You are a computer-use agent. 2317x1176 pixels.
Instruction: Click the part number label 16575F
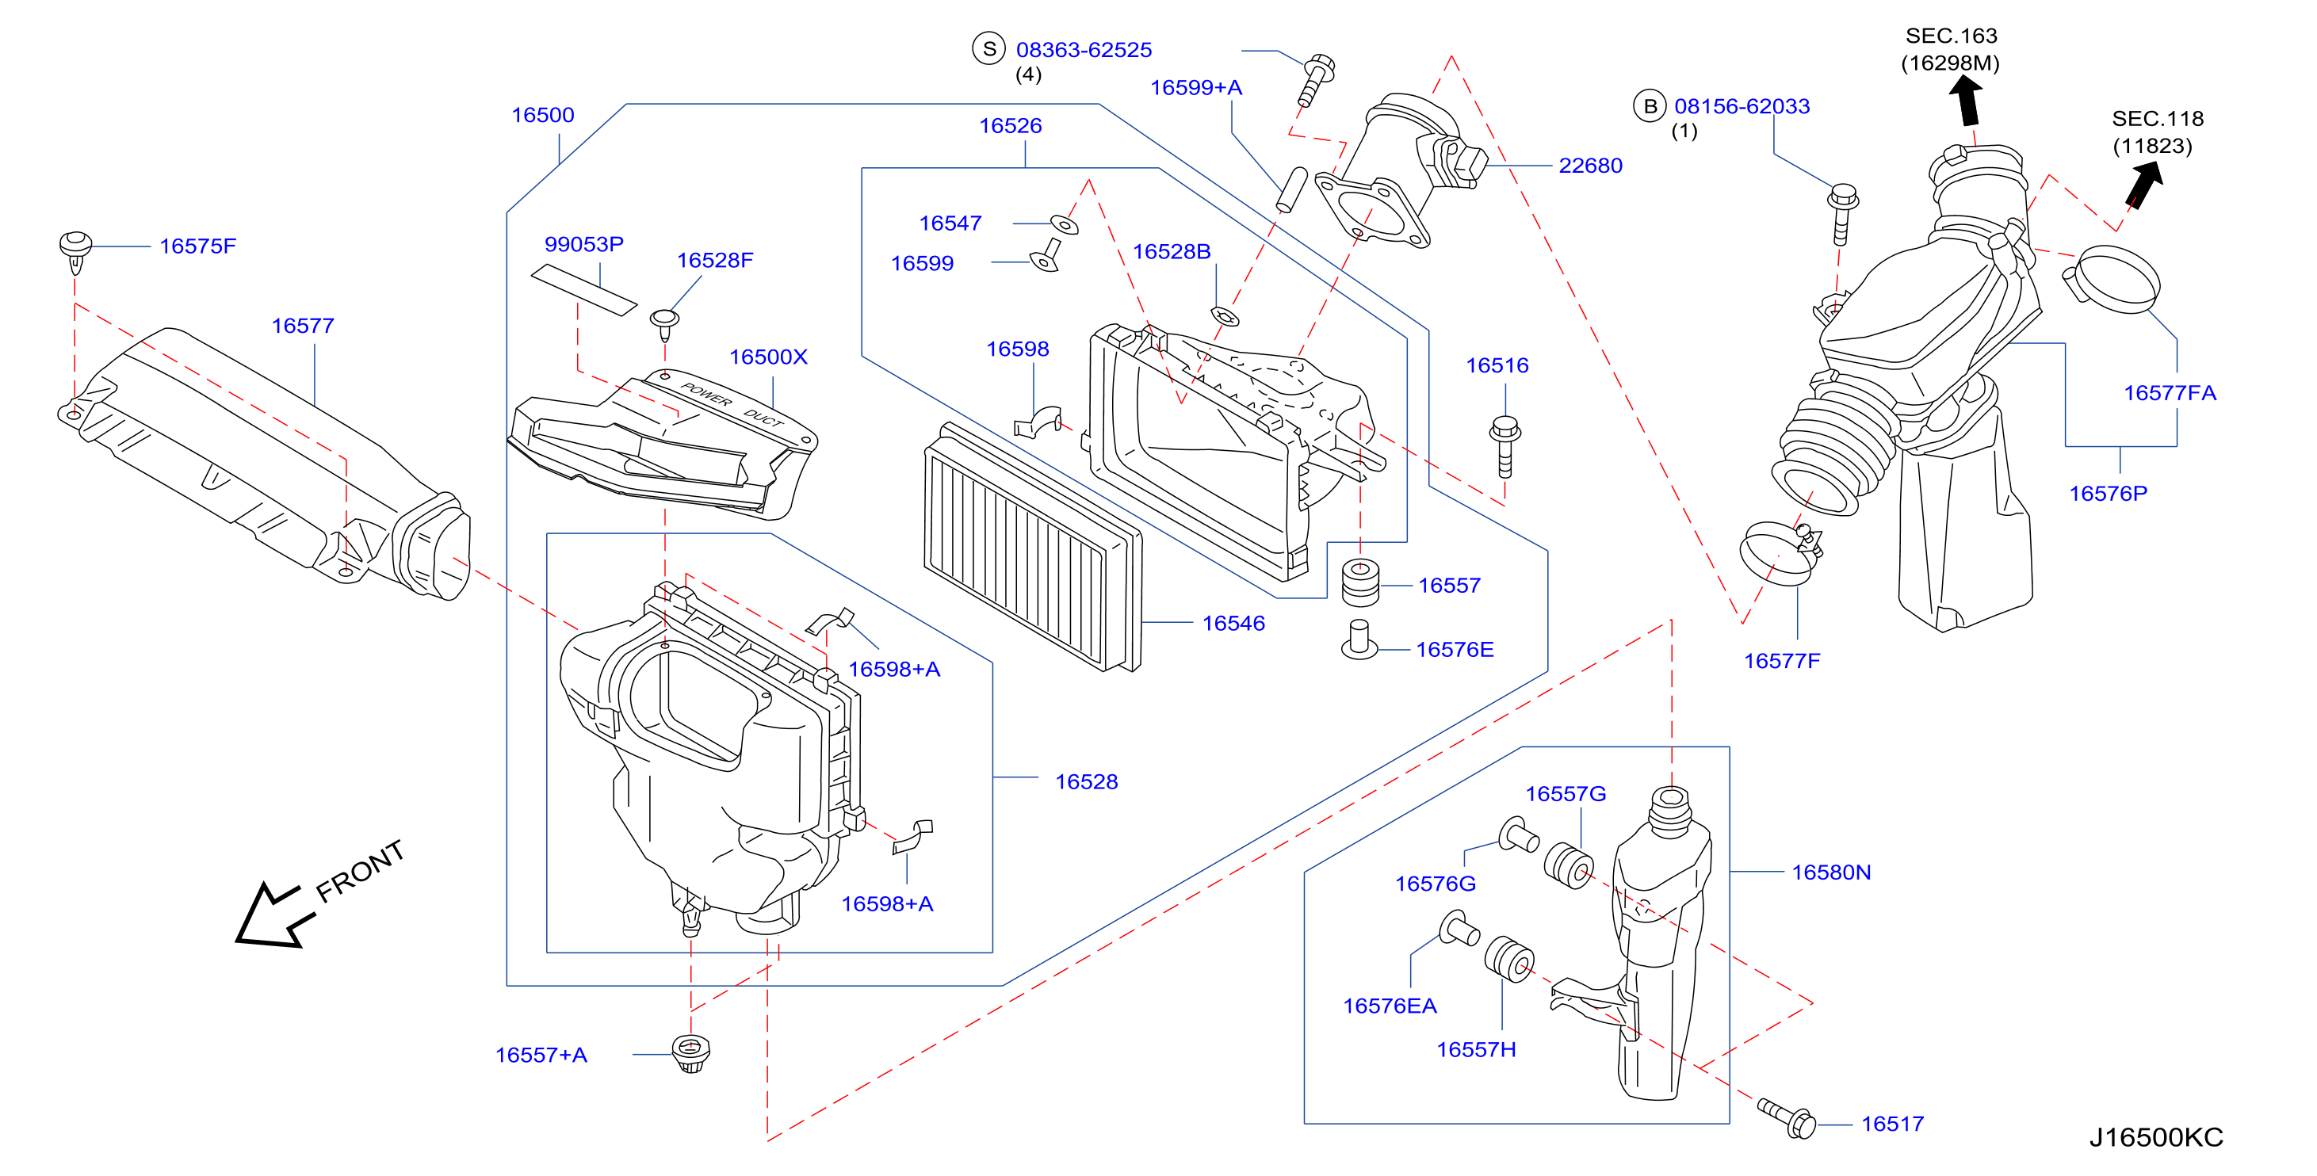click(x=197, y=246)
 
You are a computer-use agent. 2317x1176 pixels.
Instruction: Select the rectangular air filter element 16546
click(x=1033, y=547)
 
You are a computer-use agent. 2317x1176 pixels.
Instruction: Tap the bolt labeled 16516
click(x=1504, y=446)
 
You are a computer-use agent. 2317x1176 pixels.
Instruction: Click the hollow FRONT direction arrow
click(x=273, y=915)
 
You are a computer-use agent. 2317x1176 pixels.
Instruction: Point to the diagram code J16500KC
click(x=2155, y=1137)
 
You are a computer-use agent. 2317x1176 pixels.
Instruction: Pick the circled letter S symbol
click(x=988, y=48)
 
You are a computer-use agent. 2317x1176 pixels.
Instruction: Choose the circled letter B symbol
click(x=1650, y=106)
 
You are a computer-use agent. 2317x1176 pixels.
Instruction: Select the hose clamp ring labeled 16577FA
click(x=2110, y=279)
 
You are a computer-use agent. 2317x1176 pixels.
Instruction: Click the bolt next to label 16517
click(x=1787, y=1117)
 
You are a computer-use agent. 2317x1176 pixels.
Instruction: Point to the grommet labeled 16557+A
click(x=690, y=1053)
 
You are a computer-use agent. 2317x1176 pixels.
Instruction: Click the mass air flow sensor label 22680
click(x=1589, y=166)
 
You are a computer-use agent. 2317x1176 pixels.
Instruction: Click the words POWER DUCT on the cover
click(x=732, y=406)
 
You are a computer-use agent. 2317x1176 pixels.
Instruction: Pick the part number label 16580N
click(x=1830, y=872)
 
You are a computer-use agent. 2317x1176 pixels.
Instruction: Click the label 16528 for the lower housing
click(x=1086, y=781)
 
